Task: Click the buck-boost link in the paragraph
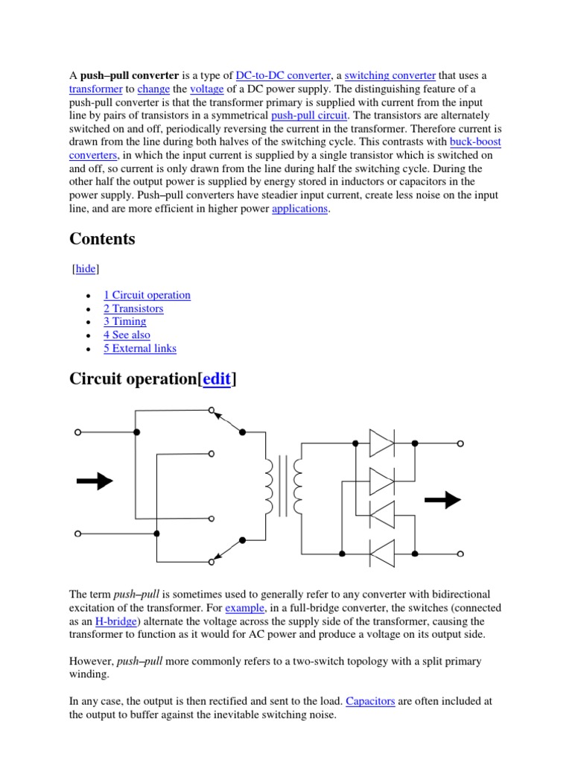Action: point(476,142)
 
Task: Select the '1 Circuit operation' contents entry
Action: point(147,295)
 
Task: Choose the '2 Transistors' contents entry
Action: point(133,308)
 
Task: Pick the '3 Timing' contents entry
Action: point(124,322)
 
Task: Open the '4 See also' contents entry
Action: point(127,335)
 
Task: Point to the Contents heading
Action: point(102,239)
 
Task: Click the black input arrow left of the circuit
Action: point(95,481)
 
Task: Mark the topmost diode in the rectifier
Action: point(382,443)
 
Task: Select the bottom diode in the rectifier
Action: point(382,554)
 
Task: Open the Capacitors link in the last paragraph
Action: point(370,701)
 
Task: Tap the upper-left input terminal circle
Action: point(77,432)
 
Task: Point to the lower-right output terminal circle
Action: point(460,554)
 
